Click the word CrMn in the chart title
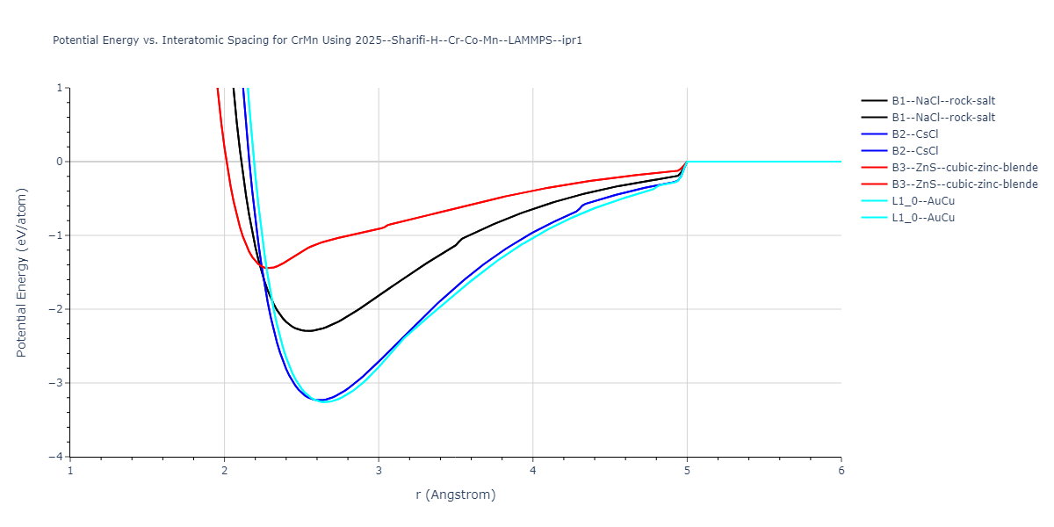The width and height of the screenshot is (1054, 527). coord(305,40)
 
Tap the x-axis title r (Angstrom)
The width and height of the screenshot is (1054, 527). coord(456,495)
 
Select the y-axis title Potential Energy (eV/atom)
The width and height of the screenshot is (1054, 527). coord(22,272)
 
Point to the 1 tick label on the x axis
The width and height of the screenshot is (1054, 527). coord(70,471)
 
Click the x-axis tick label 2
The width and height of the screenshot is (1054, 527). coord(225,471)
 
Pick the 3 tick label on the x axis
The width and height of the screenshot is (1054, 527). coord(379,471)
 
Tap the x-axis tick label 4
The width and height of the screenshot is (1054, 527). coord(533,471)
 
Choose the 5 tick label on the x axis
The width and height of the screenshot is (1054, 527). coord(687,471)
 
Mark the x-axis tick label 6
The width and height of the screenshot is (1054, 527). coord(841,471)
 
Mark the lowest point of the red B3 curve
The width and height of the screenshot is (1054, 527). coord(270,268)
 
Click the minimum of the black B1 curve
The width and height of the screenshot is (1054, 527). coord(308,331)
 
